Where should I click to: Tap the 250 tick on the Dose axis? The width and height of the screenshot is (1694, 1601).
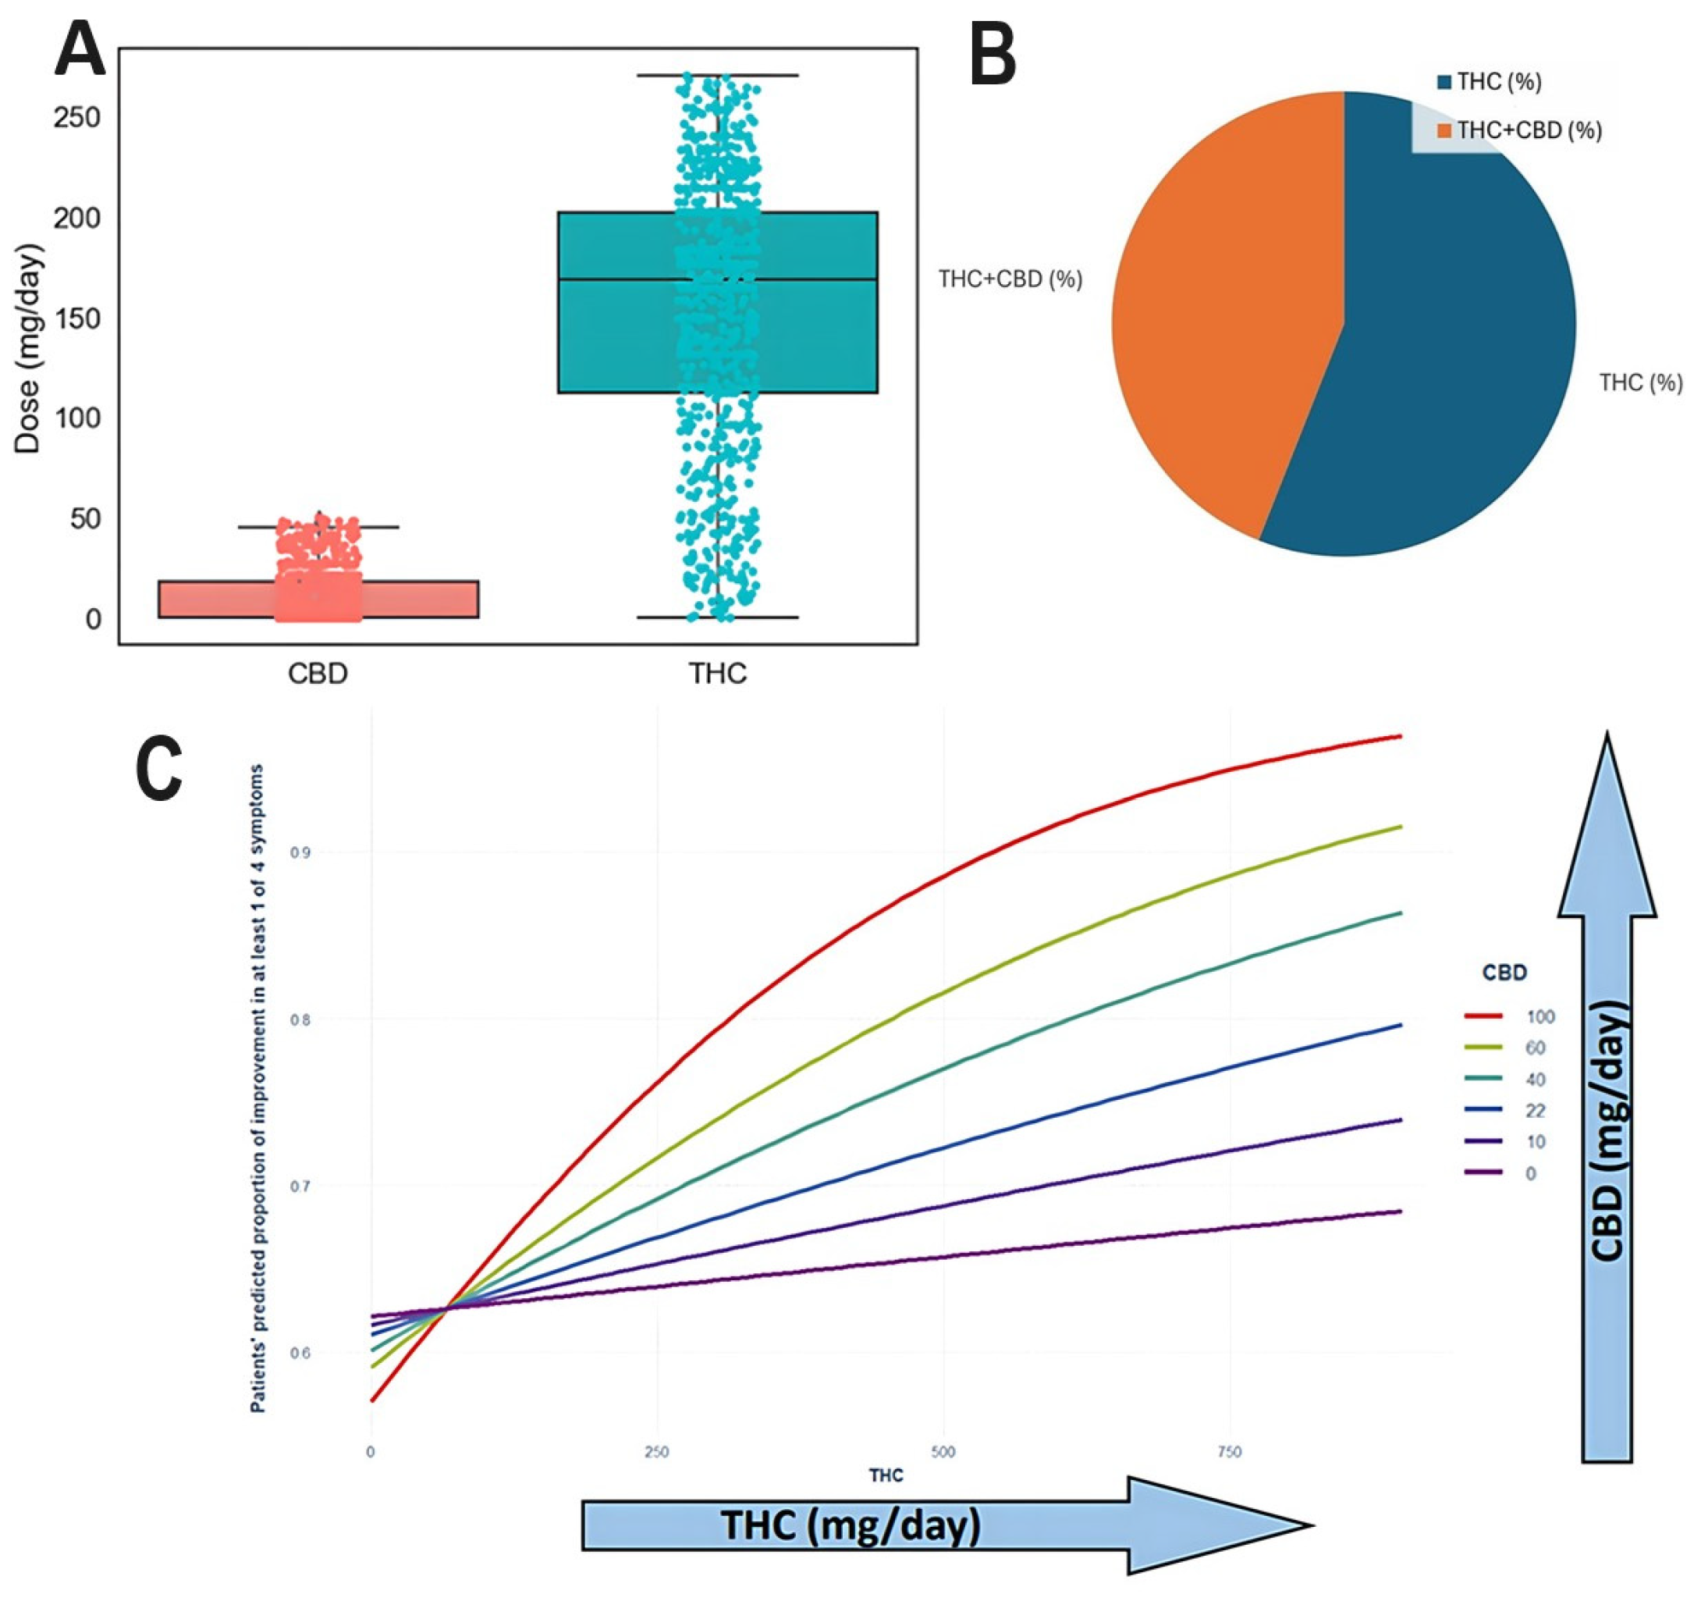click(76, 118)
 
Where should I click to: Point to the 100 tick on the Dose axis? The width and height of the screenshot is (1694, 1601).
click(76, 418)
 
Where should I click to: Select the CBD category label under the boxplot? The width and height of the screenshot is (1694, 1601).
click(318, 674)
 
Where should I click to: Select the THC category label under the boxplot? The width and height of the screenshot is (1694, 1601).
click(717, 674)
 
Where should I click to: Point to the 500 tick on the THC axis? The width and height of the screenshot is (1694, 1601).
click(943, 1452)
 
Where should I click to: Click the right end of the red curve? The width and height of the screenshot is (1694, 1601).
click(1400, 735)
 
